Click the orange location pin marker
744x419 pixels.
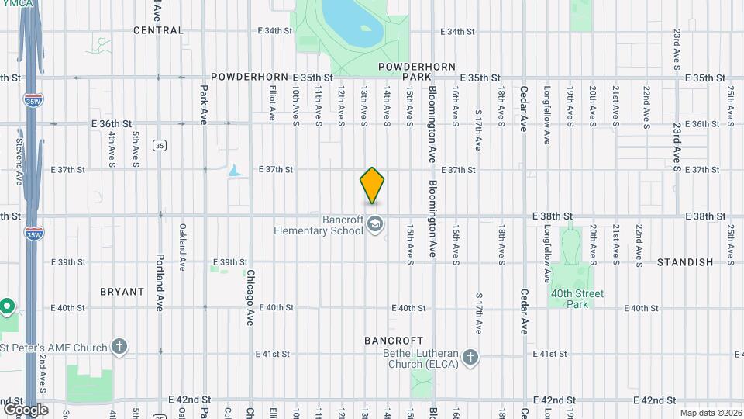372,185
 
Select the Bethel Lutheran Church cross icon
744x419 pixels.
469,358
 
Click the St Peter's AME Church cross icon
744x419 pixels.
119,346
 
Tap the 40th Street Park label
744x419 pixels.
577,299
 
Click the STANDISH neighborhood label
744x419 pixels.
684,262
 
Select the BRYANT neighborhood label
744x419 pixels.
122,292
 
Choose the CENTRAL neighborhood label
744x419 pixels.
158,30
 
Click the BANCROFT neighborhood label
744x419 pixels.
394,341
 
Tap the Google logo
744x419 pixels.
26,409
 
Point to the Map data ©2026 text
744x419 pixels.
710,413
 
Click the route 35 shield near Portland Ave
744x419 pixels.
159,145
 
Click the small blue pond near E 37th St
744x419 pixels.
234,170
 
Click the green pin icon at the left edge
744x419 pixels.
7,306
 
